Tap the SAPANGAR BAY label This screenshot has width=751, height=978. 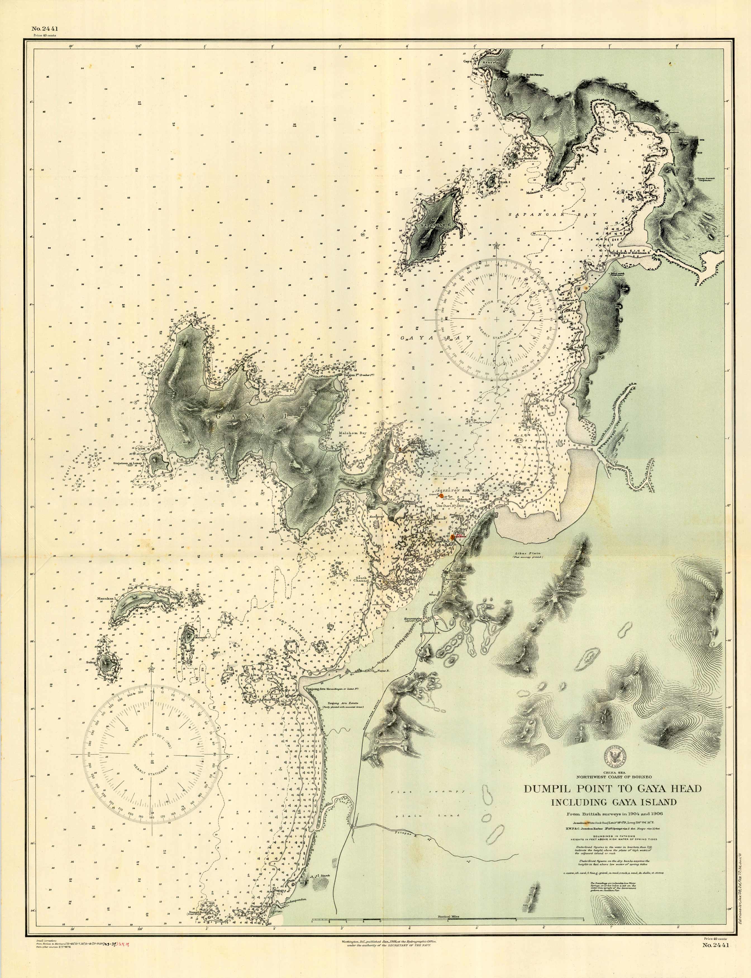(552, 215)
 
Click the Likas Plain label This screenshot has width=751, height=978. (528, 553)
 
